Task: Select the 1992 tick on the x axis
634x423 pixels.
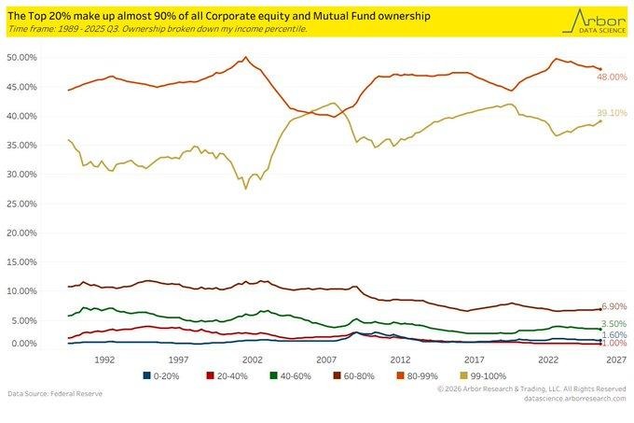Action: coord(103,359)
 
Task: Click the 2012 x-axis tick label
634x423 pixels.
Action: coord(400,359)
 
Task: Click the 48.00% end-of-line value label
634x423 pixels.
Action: coord(613,77)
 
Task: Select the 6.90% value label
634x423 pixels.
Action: coord(613,306)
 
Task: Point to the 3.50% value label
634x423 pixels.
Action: coord(613,322)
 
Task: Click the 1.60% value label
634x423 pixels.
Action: coord(613,334)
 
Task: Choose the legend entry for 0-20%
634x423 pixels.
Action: coord(159,375)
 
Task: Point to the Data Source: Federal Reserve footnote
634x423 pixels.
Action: coord(56,393)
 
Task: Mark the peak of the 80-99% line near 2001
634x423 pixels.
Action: coord(244,57)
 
